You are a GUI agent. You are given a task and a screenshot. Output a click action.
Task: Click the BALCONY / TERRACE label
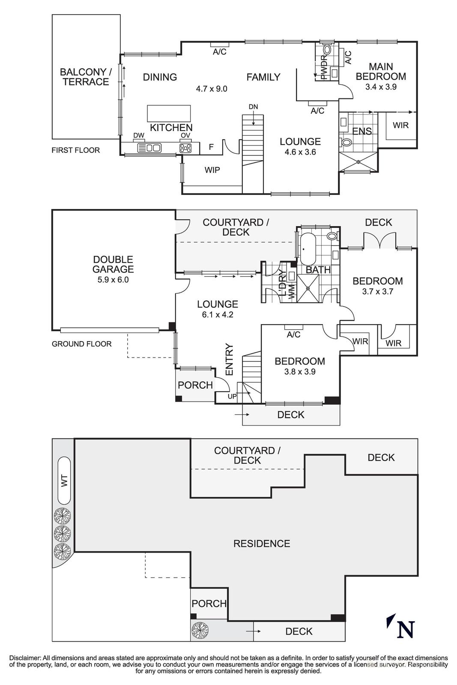86,77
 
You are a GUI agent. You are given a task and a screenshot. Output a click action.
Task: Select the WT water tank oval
64,480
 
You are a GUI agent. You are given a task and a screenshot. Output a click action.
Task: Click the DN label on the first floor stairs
253,107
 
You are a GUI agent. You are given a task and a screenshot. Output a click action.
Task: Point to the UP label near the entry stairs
232,396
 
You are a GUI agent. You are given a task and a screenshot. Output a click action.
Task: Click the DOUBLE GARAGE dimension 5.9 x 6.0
113,280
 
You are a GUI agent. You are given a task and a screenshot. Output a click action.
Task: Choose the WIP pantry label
212,170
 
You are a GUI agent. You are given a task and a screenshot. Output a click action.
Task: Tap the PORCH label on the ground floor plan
195,385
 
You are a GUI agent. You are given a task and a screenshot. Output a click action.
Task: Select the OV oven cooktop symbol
185,148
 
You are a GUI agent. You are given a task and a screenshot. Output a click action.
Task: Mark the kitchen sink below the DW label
149,148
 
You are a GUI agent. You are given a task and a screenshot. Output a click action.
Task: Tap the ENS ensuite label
362,131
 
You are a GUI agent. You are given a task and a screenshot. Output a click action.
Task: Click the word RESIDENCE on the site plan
262,543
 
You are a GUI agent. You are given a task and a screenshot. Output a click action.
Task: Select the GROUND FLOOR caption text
81,344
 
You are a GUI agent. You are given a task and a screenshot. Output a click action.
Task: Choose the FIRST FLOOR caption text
75,150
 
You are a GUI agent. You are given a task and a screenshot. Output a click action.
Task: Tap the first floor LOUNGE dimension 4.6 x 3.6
300,152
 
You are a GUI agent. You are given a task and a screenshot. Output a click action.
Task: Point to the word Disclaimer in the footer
24,658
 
